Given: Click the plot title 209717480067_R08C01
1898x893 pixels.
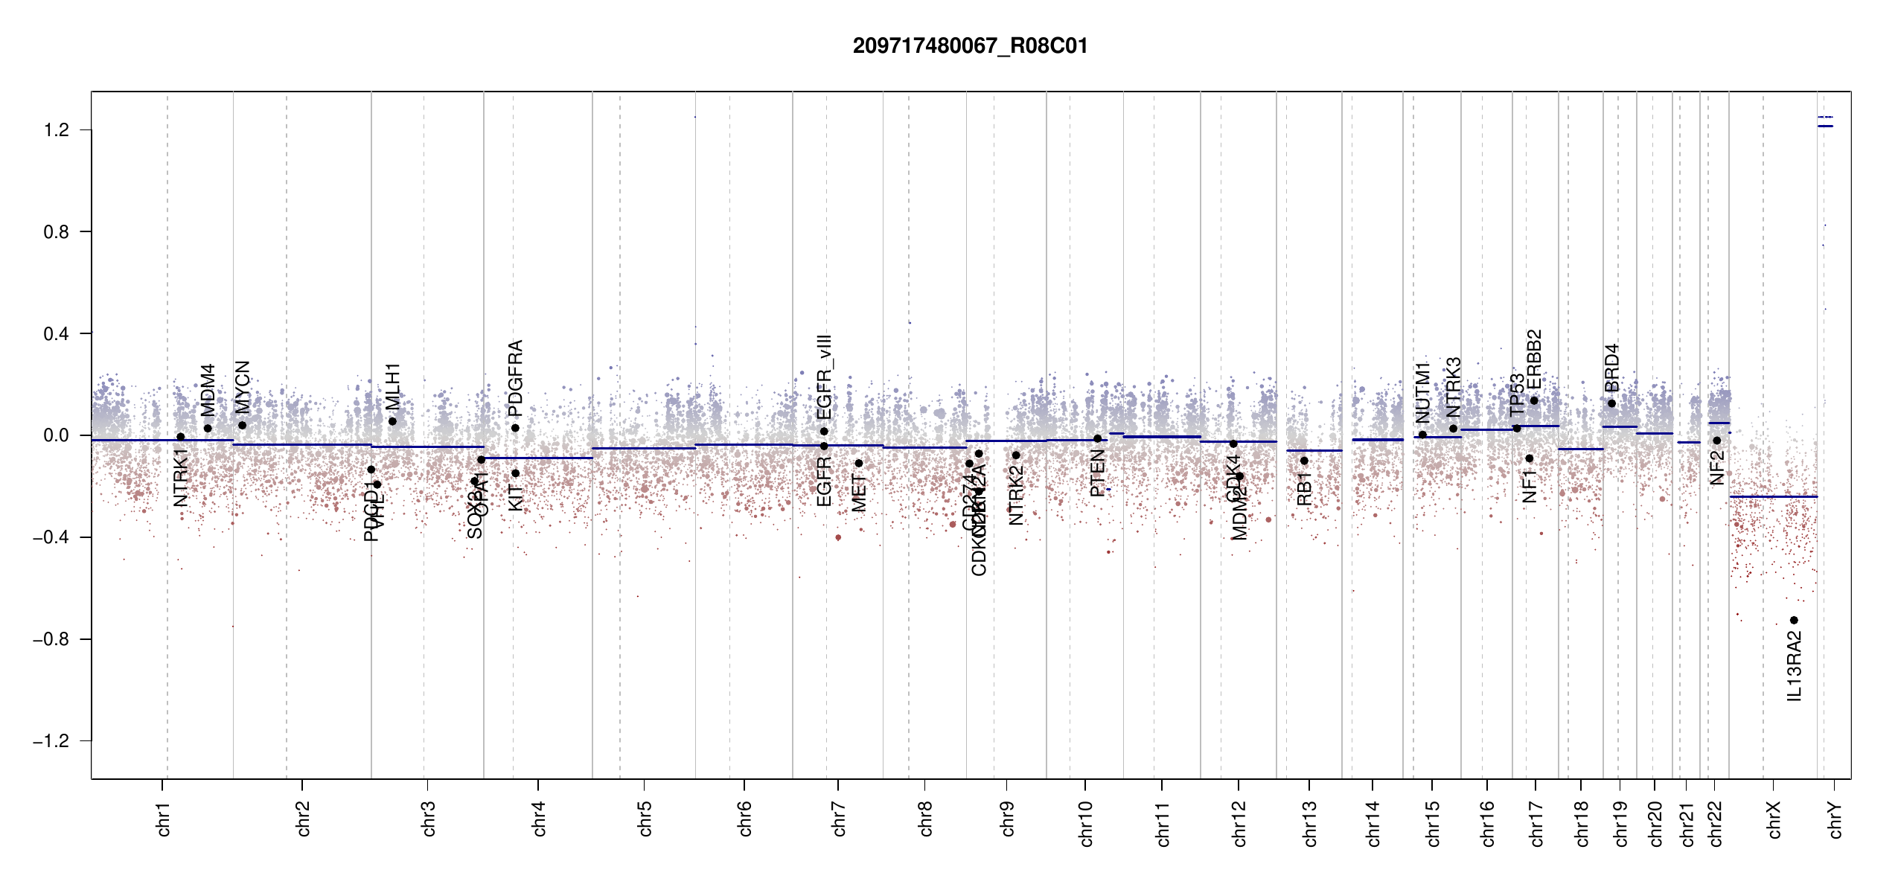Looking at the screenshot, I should click(x=970, y=46).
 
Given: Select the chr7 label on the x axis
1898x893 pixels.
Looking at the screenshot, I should click(x=839, y=819).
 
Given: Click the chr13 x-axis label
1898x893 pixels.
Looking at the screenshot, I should click(x=1309, y=823).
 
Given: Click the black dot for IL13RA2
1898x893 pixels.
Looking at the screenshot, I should click(x=1794, y=620).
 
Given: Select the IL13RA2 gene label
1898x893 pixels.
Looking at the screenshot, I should click(x=1795, y=666).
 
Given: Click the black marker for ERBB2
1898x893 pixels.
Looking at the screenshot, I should click(x=1534, y=400).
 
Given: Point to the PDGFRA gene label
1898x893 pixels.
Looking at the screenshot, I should click(x=515, y=378).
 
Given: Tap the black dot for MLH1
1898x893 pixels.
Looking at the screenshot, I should click(x=392, y=421).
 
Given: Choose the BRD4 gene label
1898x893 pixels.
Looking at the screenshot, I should click(x=1611, y=368).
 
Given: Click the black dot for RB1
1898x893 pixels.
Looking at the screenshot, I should click(x=1304, y=461).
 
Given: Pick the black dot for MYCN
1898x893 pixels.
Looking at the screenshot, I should click(x=242, y=425).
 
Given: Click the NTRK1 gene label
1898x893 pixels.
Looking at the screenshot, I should click(x=181, y=477).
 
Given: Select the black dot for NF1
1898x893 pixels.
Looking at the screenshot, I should click(x=1530, y=458).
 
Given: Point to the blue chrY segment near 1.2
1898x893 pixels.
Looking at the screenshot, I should click(x=1825, y=126).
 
